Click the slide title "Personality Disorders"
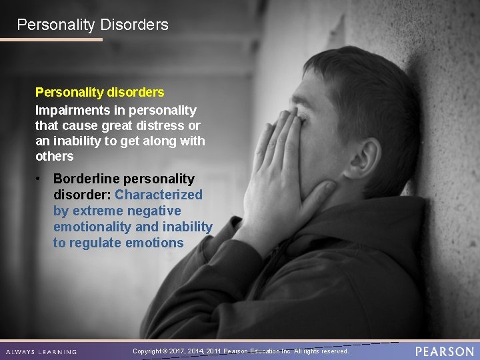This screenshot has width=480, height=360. coord(93,25)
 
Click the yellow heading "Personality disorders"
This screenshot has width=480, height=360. coord(99,92)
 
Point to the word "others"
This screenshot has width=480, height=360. coord(54,156)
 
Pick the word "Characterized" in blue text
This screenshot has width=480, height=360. coord(159,195)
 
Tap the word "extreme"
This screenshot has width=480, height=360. coord(98,211)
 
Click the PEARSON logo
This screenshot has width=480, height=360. coord(444,351)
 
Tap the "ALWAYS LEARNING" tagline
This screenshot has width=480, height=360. coord(41,351)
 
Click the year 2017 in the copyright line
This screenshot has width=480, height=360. coord(177,351)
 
